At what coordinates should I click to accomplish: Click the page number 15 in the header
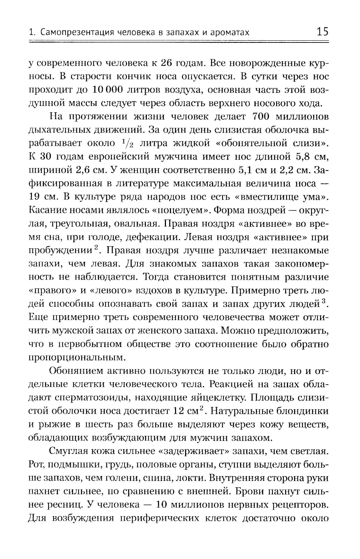click(322, 32)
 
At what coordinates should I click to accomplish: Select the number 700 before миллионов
click(264, 117)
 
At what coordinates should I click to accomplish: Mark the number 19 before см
click(35, 197)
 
